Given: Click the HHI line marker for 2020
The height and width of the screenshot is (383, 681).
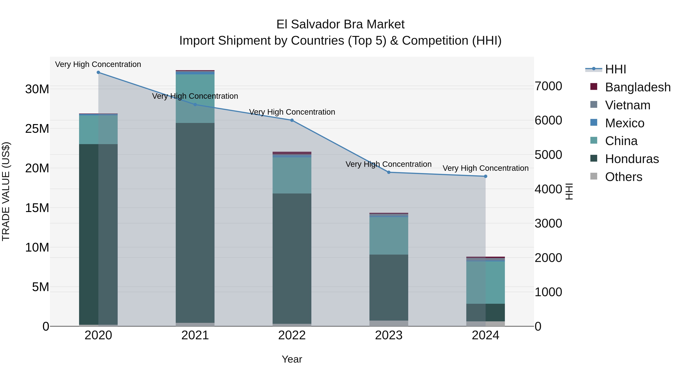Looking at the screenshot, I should (x=98, y=72).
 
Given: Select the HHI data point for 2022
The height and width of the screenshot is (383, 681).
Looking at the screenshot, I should (x=292, y=120).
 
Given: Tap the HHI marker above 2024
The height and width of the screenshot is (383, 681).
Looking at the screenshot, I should (x=485, y=176).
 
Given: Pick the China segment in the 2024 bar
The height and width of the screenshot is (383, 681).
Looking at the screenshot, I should (x=485, y=282).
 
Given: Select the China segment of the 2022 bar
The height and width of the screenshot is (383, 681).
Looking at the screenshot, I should (x=292, y=175).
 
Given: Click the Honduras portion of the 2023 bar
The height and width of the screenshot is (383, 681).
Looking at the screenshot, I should (x=389, y=287).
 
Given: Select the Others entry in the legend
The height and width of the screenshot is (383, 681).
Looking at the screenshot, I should (x=623, y=177).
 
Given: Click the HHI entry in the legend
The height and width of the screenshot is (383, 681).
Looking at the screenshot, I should (x=615, y=69).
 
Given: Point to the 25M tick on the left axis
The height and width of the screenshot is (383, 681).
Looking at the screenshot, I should (x=37, y=129).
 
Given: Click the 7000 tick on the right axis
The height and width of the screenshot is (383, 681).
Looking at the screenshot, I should (x=548, y=86).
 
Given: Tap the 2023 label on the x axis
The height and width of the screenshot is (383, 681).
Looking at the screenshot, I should (x=389, y=335).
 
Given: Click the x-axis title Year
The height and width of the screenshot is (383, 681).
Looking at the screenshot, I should (x=292, y=359).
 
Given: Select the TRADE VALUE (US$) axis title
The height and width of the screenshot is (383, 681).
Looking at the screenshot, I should (x=6, y=191).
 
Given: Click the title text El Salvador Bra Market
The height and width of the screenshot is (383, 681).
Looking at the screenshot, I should (x=340, y=24).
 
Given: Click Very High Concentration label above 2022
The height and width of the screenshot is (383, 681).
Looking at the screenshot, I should (x=292, y=112).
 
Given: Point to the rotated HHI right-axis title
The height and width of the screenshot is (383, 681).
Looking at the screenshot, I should (x=569, y=192).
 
